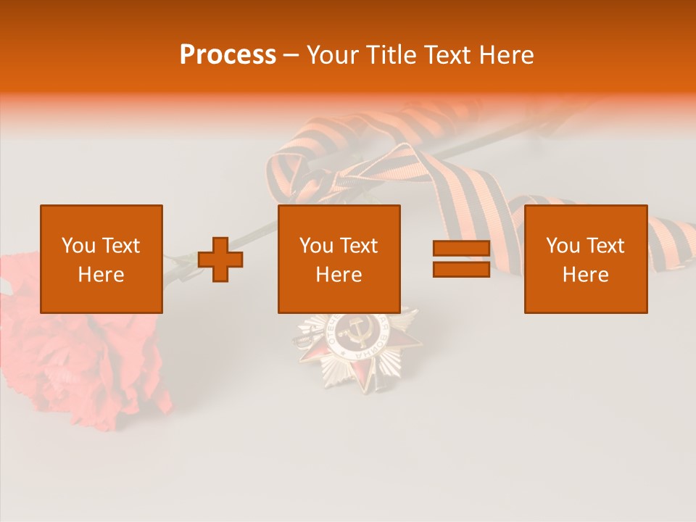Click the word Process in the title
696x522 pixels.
click(228, 55)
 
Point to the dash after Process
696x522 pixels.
click(291, 56)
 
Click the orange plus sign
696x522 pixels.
click(220, 260)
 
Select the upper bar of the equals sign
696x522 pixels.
click(461, 248)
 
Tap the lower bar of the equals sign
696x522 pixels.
click(461, 269)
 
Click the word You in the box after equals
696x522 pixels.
click(562, 246)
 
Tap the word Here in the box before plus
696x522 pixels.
click(101, 275)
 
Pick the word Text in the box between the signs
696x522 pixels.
click(360, 246)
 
